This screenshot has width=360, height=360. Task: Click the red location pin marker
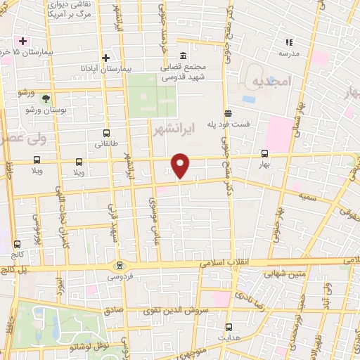pyautogui.click(x=181, y=166)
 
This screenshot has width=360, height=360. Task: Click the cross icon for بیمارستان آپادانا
pyautogui.click(x=106, y=58)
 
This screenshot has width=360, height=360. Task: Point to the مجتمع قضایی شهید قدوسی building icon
pyautogui.click(x=183, y=57)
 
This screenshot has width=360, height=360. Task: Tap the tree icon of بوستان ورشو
pyautogui.click(x=46, y=98)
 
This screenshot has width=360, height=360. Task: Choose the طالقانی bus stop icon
pyautogui.click(x=106, y=132)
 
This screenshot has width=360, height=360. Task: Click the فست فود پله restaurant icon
pyautogui.click(x=227, y=113)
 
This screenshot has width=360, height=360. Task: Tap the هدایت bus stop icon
pyautogui.click(x=229, y=326)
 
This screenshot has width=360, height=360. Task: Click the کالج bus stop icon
pyautogui.click(x=16, y=244)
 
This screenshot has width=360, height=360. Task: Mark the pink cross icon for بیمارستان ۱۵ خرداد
pyautogui.click(x=22, y=41)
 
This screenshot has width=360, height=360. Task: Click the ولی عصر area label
pyautogui.click(x=21, y=139)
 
